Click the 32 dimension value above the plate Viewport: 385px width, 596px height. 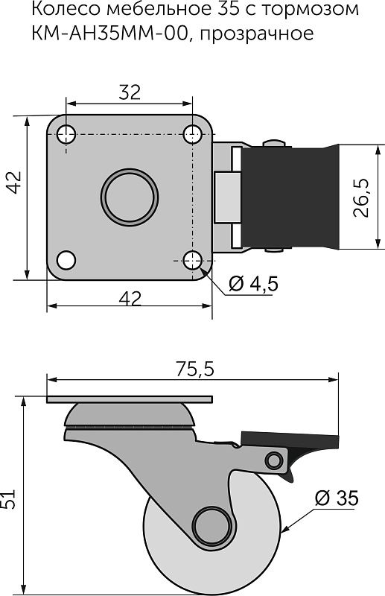[x=130, y=92]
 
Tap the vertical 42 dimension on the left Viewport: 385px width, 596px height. [x=15, y=183]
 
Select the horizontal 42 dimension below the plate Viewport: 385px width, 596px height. [x=130, y=299]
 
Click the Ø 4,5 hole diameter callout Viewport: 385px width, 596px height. [x=253, y=283]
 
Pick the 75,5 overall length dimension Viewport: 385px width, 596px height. [x=195, y=369]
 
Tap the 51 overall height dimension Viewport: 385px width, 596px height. [x=7, y=498]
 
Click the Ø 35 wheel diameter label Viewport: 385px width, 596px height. [x=337, y=498]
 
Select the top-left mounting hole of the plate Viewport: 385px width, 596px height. [x=66, y=134]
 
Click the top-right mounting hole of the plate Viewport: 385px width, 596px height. [x=192, y=134]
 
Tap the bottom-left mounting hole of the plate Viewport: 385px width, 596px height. [x=66, y=260]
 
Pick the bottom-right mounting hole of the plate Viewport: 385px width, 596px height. [x=192, y=260]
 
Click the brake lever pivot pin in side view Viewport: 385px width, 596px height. [x=273, y=460]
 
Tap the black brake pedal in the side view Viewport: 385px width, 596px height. [x=290, y=440]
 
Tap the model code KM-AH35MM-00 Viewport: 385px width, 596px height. [x=111, y=33]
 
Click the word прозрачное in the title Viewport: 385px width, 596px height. [x=256, y=34]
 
